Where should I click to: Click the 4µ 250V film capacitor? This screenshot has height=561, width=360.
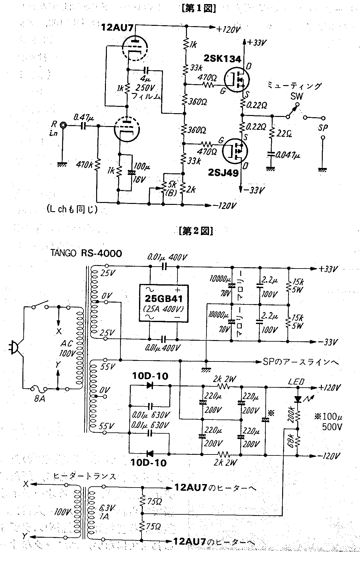[x=146, y=70]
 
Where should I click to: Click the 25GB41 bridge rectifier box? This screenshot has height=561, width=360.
[x=164, y=303]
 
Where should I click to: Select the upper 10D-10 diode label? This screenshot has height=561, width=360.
[x=150, y=376]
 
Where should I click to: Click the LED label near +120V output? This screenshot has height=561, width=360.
[x=296, y=381]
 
